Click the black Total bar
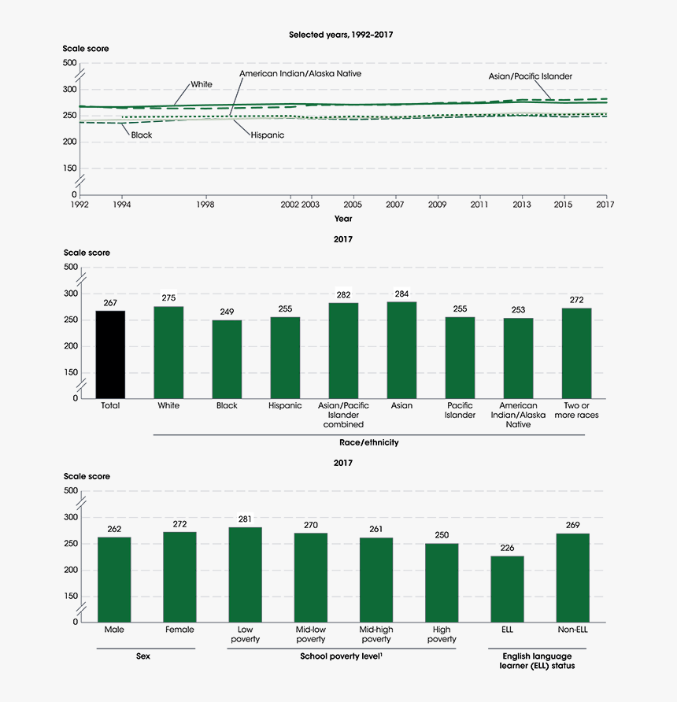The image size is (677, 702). pos(110,354)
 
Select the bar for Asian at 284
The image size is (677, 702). pos(401,350)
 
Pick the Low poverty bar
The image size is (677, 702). pos(245,575)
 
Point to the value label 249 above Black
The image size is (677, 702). pos(227,312)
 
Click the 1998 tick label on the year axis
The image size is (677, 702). pos(205,204)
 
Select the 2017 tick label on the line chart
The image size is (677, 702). pos(605,204)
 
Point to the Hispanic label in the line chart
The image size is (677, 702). pos(268,135)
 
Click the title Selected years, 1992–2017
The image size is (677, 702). pos(341,35)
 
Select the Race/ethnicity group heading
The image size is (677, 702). pos(368,442)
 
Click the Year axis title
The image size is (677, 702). pos(343,218)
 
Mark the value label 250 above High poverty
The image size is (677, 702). pos(442,536)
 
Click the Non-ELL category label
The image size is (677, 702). pos(572,630)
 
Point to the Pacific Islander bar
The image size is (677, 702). pos(460,357)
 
